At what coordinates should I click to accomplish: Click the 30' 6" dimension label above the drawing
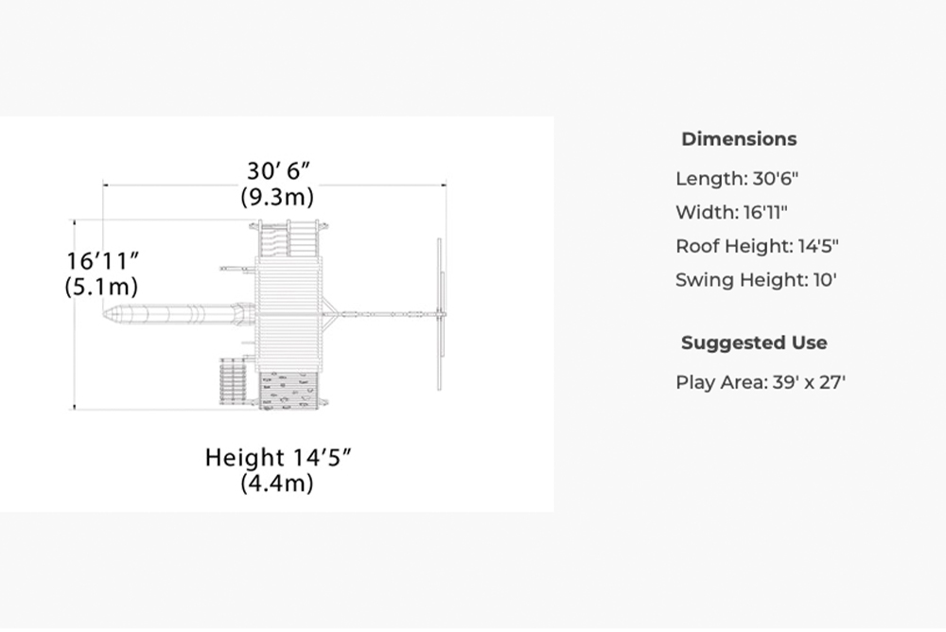(x=278, y=171)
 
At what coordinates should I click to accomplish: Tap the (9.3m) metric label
(x=277, y=197)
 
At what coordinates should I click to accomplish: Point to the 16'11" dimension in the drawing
(x=102, y=261)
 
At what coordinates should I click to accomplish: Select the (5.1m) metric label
(x=101, y=286)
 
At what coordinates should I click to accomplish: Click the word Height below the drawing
(x=245, y=458)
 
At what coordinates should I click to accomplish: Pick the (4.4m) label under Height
(x=277, y=483)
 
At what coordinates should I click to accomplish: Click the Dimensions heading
(x=739, y=139)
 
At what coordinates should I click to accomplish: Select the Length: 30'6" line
(x=737, y=179)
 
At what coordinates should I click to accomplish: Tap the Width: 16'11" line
(x=731, y=213)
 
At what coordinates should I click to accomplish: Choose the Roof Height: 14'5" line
(x=757, y=246)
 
